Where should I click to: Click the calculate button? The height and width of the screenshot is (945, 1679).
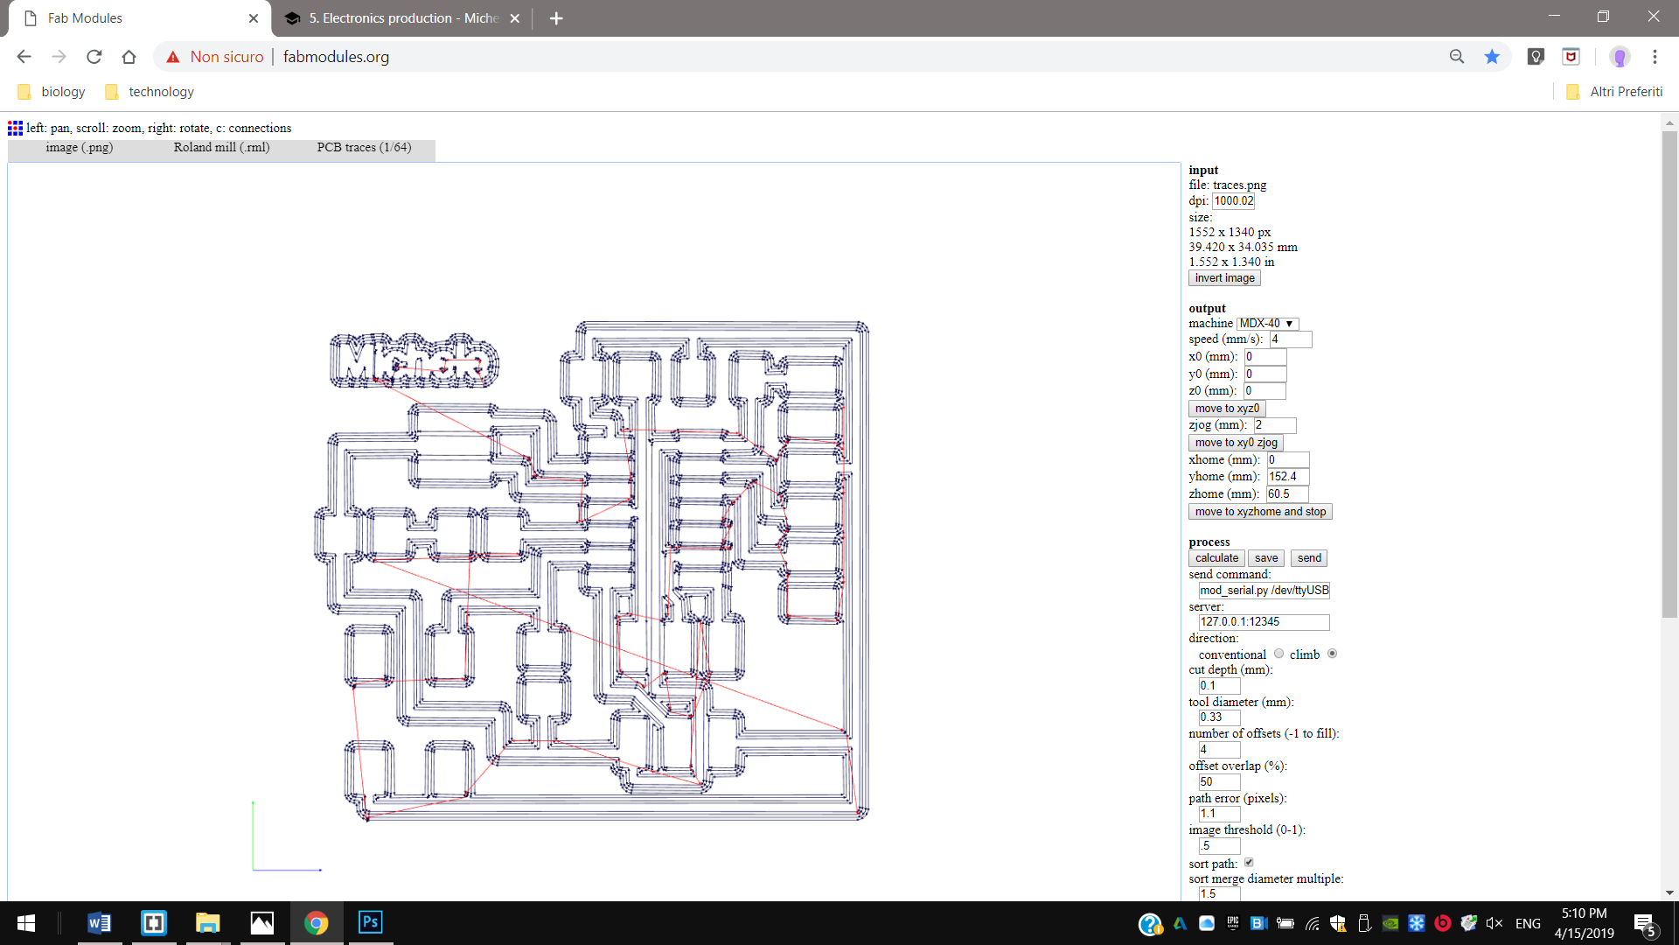click(x=1216, y=558)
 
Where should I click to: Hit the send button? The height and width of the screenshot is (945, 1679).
click(x=1309, y=558)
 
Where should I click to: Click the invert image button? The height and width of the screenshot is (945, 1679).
click(x=1224, y=278)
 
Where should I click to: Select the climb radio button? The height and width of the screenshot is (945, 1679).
click(x=1332, y=654)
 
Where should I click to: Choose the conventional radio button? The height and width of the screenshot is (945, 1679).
click(x=1278, y=654)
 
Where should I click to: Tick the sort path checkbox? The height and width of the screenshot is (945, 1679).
click(x=1249, y=863)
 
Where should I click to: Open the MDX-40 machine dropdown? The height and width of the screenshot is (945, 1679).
click(x=1267, y=324)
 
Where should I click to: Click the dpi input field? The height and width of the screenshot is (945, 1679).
click(x=1233, y=201)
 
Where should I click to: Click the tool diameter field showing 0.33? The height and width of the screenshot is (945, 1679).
click(x=1219, y=717)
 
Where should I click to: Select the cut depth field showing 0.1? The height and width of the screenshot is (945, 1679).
click(x=1219, y=686)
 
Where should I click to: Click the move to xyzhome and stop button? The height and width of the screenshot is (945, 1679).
click(x=1260, y=512)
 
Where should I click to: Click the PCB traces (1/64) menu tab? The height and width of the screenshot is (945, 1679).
click(x=364, y=148)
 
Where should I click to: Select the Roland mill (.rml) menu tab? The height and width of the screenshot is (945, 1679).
click(x=221, y=148)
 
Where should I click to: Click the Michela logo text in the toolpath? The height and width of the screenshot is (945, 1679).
click(x=415, y=360)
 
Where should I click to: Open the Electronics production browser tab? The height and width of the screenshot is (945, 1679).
click(x=402, y=18)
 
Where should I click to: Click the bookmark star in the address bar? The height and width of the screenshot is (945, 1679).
click(x=1492, y=57)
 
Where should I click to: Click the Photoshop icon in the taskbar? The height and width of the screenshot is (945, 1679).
click(x=370, y=922)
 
